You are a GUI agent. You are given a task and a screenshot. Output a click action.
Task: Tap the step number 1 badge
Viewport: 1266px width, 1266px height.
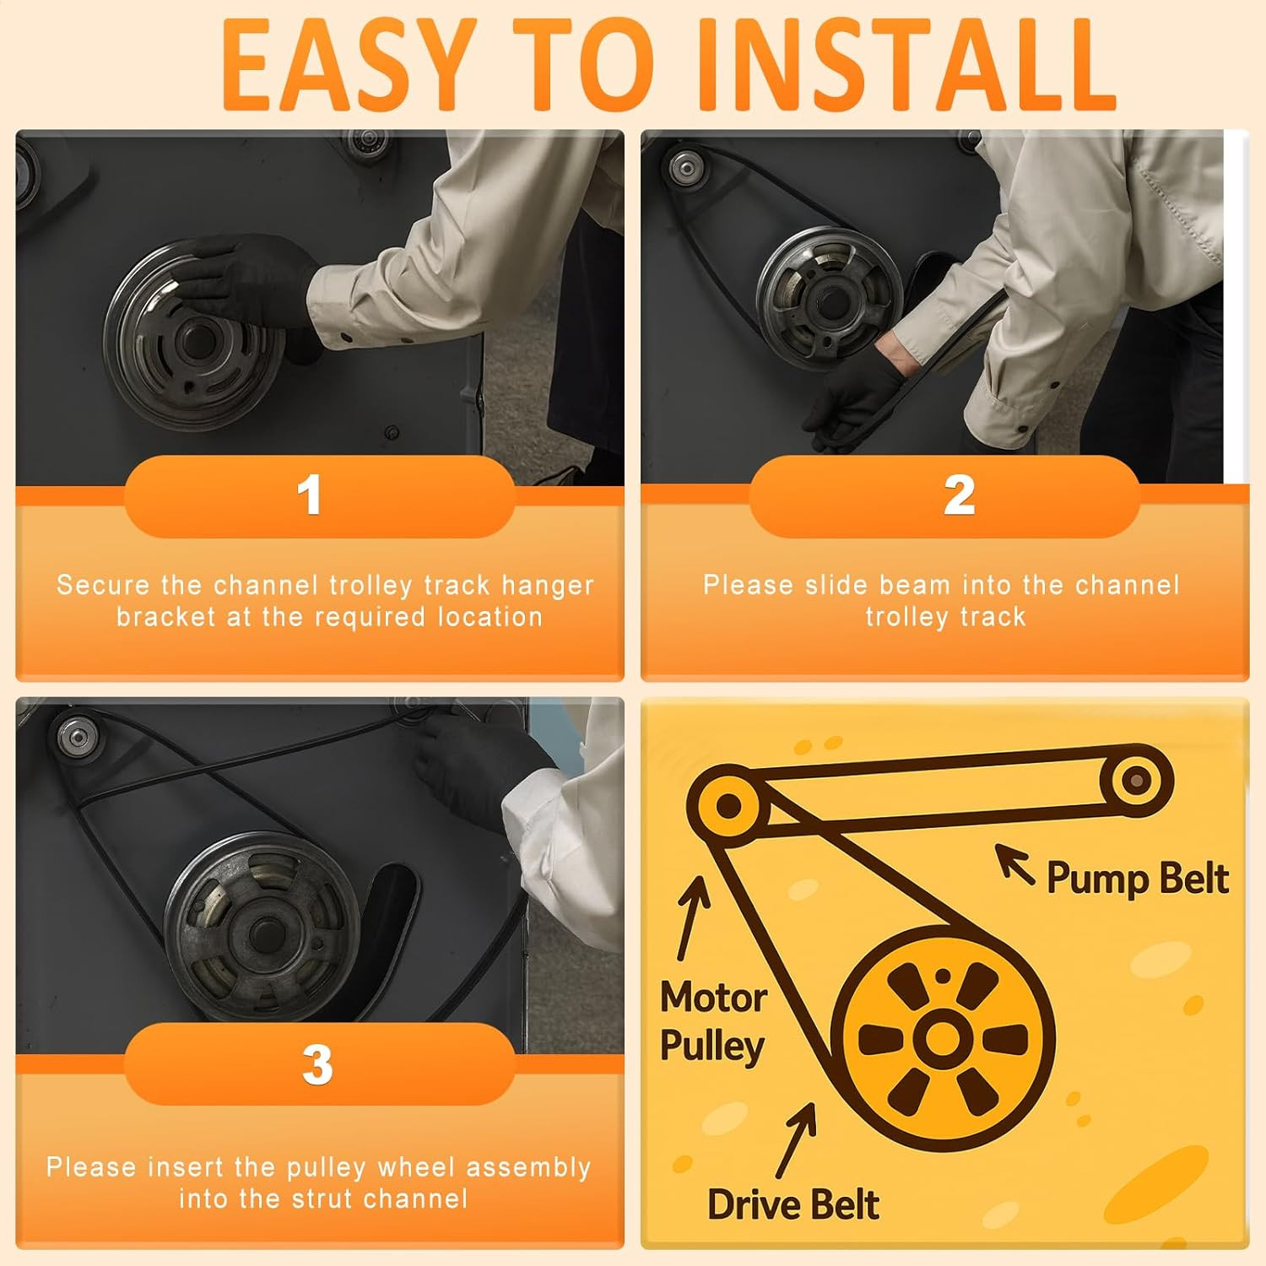[319, 496]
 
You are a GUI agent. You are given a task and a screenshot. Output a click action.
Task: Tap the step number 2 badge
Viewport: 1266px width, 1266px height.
[944, 496]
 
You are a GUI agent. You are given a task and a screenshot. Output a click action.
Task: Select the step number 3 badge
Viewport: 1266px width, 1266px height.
[319, 1064]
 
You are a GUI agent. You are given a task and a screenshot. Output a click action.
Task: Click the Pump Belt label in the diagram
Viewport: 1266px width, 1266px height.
[1137, 879]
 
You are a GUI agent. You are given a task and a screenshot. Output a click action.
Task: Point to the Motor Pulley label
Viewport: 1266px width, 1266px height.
[713, 1021]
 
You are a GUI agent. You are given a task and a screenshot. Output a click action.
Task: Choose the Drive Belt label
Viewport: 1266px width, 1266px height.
[793, 1204]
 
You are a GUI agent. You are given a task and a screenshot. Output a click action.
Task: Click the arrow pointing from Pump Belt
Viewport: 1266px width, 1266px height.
[1014, 863]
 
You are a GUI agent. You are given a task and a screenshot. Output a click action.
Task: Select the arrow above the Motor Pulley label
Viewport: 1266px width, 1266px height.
[694, 917]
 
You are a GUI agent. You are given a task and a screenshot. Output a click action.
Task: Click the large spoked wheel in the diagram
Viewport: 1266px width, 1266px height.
[943, 1038]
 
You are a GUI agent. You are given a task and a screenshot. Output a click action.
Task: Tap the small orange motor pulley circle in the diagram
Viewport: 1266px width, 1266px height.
[728, 805]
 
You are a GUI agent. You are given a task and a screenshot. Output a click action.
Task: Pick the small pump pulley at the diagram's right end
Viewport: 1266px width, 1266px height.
[1137, 781]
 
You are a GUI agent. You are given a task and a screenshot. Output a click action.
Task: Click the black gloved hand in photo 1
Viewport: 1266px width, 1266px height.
[245, 279]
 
